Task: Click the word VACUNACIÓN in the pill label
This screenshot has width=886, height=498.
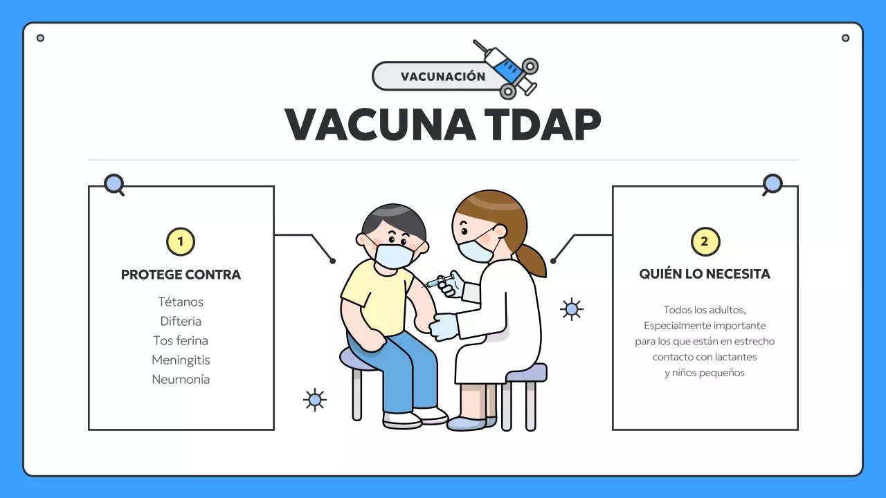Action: [443, 77]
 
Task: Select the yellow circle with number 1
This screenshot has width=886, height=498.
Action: [181, 242]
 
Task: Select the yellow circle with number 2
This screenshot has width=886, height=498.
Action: [705, 242]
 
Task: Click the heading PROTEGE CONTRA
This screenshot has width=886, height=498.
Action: [181, 275]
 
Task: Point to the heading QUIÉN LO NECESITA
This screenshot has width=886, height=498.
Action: [705, 274]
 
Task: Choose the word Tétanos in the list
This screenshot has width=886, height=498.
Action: [181, 302]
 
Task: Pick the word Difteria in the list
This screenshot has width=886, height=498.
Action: [181, 321]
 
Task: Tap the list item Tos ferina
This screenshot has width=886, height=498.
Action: [181, 340]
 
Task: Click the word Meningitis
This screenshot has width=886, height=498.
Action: [181, 360]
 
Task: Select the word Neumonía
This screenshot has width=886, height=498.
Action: [181, 379]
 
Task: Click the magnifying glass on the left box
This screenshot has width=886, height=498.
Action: [114, 184]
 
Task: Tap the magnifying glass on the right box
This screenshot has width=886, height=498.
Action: [772, 185]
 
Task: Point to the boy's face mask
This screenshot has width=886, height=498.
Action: [393, 255]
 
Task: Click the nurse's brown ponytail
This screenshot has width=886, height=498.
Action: [531, 259]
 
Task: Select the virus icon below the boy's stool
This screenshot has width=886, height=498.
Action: [315, 399]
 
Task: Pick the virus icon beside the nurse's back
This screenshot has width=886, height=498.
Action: [571, 309]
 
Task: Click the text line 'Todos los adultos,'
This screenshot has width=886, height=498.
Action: [705, 310]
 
